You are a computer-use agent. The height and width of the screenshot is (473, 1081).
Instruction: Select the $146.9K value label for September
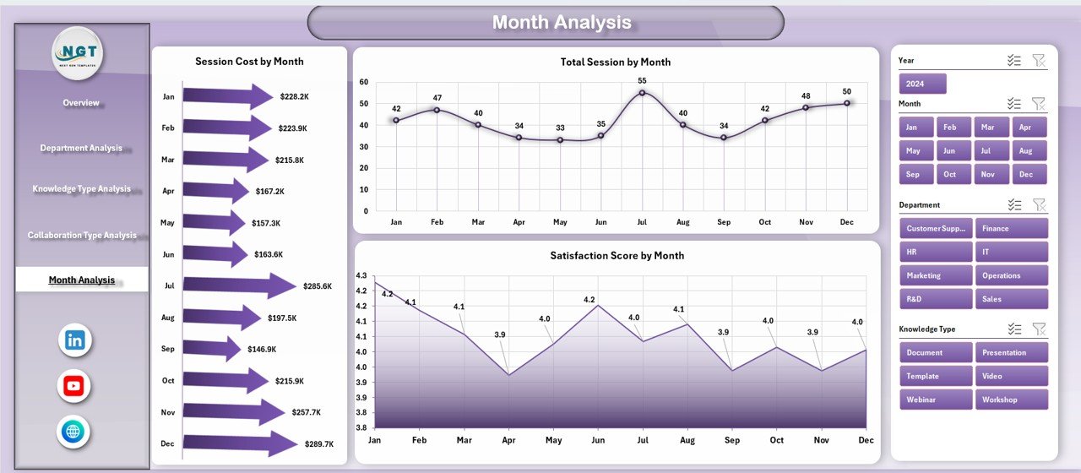[264, 349]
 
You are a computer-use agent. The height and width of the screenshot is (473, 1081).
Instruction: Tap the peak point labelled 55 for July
[642, 93]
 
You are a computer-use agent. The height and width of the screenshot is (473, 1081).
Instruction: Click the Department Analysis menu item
[81, 149]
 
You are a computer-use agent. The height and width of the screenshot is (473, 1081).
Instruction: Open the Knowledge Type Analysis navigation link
[81, 189]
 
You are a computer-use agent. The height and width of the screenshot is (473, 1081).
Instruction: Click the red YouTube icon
[74, 387]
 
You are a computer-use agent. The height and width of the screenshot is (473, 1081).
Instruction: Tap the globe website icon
[74, 432]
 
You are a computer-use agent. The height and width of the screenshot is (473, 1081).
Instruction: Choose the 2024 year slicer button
[922, 84]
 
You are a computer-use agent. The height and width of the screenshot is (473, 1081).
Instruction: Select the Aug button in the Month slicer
[1026, 151]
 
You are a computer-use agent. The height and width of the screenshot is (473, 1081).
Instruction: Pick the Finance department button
[1012, 229]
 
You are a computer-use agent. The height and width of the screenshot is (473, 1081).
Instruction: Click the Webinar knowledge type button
[936, 400]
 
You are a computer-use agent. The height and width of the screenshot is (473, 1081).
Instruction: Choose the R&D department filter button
[936, 299]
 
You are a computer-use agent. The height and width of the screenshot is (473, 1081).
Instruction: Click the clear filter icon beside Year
[1039, 61]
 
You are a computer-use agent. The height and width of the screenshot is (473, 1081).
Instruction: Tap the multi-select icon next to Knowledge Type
[1014, 329]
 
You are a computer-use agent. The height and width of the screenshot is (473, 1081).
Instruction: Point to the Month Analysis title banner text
[562, 23]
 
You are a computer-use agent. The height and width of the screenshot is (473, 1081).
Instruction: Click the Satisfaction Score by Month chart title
[617, 256]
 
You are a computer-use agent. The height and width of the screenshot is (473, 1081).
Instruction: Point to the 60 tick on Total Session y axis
[364, 82]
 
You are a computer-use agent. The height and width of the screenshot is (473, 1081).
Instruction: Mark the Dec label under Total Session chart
[847, 222]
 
